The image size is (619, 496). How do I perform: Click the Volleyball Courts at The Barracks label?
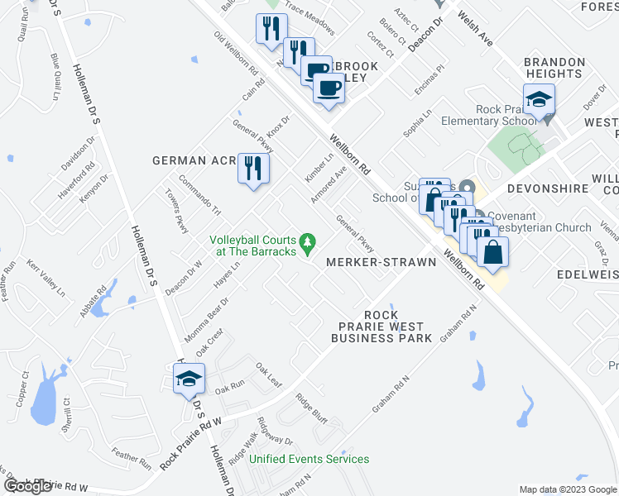click(252, 246)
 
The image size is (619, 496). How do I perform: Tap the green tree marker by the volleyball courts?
click(309, 241)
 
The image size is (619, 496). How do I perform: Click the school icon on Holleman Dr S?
click(189, 379)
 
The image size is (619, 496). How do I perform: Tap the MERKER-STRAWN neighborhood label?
click(381, 262)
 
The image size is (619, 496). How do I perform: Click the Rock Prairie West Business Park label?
click(381, 327)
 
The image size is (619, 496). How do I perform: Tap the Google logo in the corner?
click(27, 486)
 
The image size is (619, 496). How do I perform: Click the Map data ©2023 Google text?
click(568, 489)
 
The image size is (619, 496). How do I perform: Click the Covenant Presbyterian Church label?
click(540, 222)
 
